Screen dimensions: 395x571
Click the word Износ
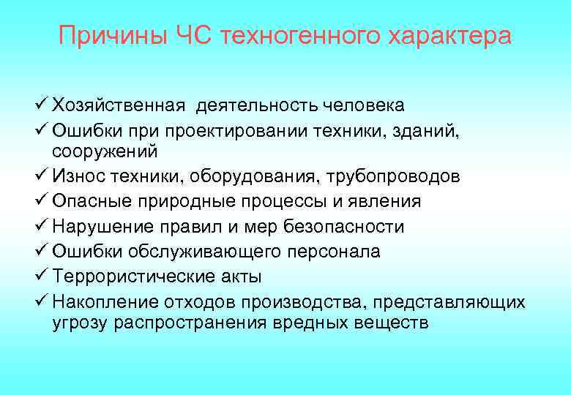pos(75,176)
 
